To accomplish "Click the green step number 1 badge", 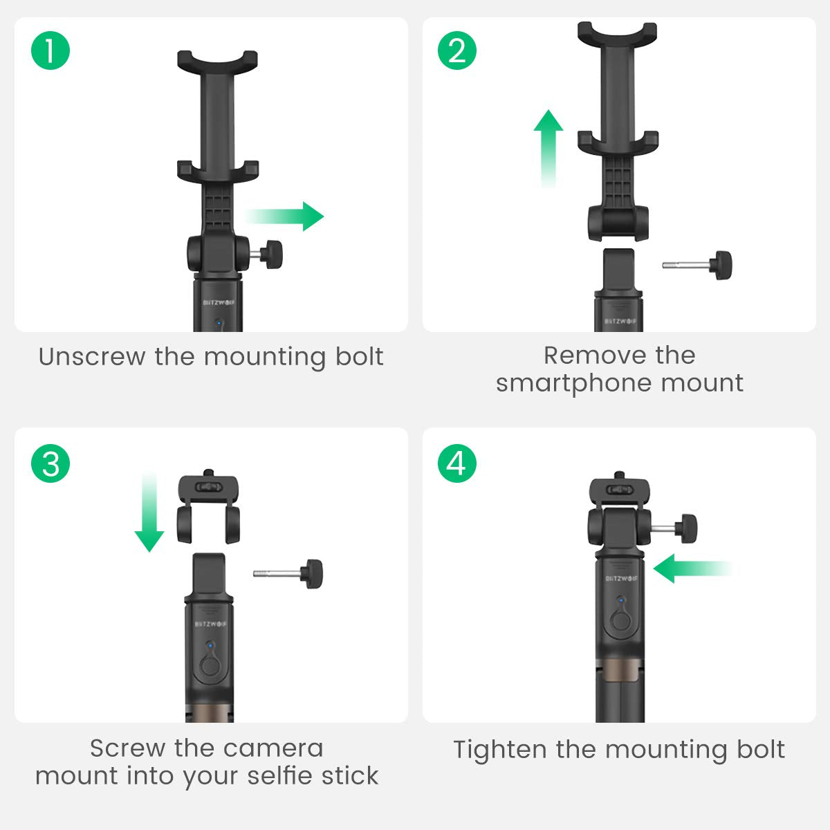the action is pos(50,50).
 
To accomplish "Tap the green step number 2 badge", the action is pos(457,50).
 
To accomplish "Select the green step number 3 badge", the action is pos(50,463).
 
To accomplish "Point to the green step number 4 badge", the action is pos(457,463).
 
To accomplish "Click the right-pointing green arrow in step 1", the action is pos(284,216).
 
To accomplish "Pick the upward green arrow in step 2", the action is pos(548,149).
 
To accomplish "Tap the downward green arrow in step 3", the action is pos(149,512).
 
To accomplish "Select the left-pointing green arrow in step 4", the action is pos(692,569).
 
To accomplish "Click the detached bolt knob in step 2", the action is pos(721,266).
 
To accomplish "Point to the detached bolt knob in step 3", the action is pos(312,573).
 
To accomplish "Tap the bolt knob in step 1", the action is pos(272,255).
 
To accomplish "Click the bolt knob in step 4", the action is pos(686,528).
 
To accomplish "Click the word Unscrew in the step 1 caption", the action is pos(92,357).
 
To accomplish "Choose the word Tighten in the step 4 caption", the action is pos(500,750).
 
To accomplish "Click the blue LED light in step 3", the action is pos(210,645).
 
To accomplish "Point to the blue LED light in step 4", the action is pos(620,599).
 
